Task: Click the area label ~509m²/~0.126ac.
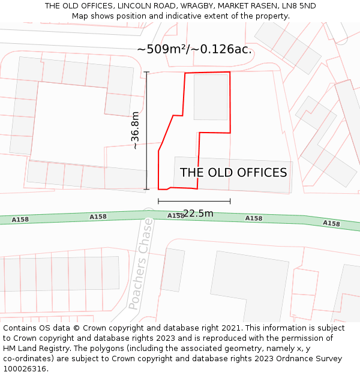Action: click(194, 49)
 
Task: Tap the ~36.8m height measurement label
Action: click(136, 131)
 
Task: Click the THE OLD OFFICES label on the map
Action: click(233, 173)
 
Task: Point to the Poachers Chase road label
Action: click(142, 263)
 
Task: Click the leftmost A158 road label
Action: click(20, 220)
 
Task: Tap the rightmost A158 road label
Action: click(331, 223)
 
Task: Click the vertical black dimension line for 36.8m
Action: click(147, 131)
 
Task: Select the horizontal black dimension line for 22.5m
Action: click(194, 202)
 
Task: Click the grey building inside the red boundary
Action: click(211, 97)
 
